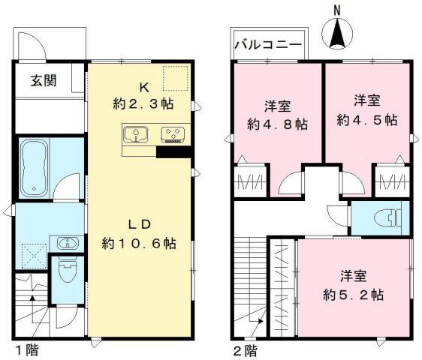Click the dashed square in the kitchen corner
point(176,78)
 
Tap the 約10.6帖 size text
point(140,244)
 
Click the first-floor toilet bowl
point(66,272)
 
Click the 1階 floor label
point(26,350)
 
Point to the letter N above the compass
point(338,10)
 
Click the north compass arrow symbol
point(338,33)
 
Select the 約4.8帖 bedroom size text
point(276,123)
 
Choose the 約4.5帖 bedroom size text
point(367,119)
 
